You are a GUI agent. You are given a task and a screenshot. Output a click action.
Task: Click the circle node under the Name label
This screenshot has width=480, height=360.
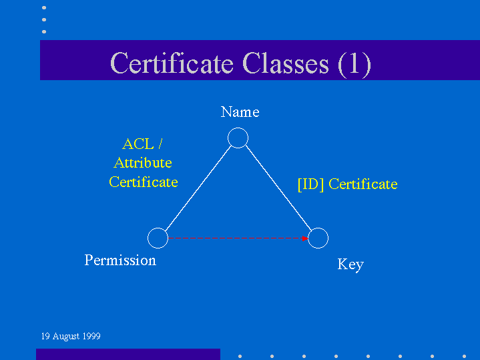point(238,128)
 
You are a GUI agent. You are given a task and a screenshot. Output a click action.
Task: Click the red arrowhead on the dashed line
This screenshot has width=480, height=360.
point(305,238)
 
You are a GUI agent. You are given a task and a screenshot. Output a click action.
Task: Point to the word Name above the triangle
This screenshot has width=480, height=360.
point(240,112)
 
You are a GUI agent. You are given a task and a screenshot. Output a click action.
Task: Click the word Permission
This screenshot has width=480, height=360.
point(120,260)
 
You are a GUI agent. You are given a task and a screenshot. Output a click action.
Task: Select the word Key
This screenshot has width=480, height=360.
point(350,264)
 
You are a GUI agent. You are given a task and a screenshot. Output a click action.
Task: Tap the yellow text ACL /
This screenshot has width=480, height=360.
point(142,144)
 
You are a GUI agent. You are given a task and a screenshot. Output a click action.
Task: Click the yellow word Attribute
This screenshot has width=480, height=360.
point(143,163)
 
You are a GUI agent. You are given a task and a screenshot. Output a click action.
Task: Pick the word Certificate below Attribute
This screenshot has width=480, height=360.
point(144,182)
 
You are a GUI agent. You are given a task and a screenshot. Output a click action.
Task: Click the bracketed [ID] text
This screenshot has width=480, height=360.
point(310,184)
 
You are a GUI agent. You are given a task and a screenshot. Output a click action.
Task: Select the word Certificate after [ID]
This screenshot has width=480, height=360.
point(363,184)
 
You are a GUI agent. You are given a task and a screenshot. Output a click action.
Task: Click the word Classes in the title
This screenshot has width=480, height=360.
point(285,63)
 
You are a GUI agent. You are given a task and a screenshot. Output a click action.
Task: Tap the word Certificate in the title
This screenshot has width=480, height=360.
point(172,63)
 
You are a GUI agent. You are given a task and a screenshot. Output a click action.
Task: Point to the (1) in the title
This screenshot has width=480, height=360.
point(354,64)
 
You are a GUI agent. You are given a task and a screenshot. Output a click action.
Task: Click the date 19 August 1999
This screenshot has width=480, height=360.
point(71,336)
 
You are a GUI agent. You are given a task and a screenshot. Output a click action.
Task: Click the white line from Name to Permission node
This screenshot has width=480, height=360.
point(198,188)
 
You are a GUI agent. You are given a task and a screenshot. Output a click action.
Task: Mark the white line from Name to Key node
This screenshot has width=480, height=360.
point(278,188)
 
